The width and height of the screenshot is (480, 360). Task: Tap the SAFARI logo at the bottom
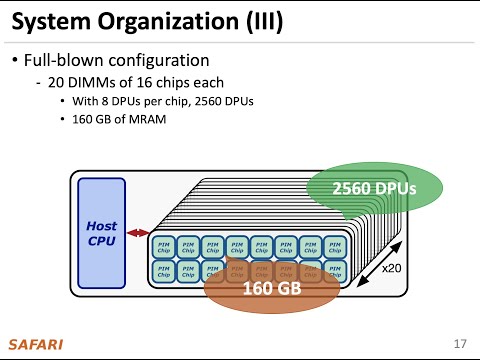[x=35, y=345]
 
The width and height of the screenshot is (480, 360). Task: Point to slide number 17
[x=460, y=345]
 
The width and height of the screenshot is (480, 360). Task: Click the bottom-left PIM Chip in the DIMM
[x=162, y=271]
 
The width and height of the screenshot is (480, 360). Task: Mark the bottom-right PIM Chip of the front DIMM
[x=335, y=271]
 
